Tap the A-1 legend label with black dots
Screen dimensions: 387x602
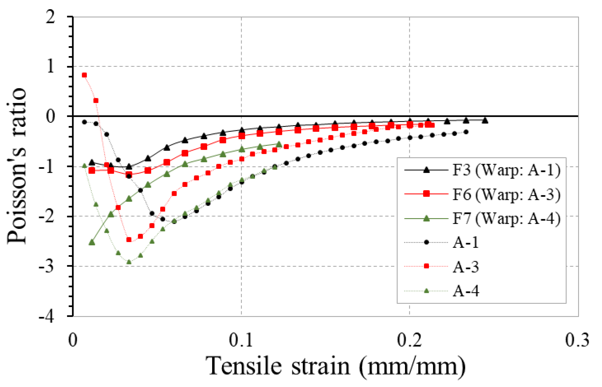click(465, 243)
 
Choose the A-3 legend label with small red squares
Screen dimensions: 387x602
click(465, 267)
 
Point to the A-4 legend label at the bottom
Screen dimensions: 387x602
click(465, 291)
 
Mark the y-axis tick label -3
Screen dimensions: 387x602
click(46, 267)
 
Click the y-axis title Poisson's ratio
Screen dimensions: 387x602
click(16, 166)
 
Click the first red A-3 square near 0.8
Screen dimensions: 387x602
click(84, 75)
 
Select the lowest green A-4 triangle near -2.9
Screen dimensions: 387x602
click(129, 262)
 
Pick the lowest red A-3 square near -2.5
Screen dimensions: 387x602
click(129, 240)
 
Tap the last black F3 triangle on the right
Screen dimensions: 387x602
click(485, 121)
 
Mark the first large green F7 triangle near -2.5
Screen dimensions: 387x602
click(92, 243)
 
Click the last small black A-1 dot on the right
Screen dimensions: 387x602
click(466, 132)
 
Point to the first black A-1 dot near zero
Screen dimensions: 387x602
click(84, 122)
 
